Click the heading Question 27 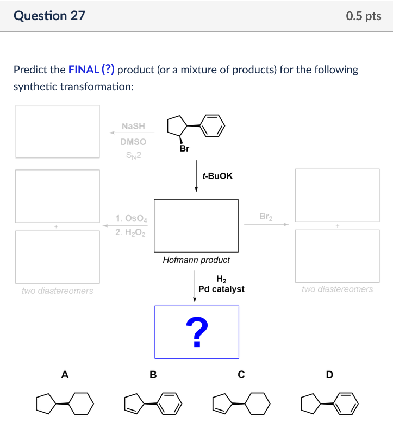[x=49, y=16]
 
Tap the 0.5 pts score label [x=363, y=16]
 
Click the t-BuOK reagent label [x=217, y=176]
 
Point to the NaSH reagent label [x=133, y=126]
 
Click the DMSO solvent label [x=133, y=141]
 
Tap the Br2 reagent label [x=266, y=216]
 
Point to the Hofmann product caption [x=196, y=260]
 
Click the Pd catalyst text [x=221, y=289]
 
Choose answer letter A [x=65, y=374]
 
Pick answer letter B [x=153, y=374]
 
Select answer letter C [x=241, y=374]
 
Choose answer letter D [x=329, y=374]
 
